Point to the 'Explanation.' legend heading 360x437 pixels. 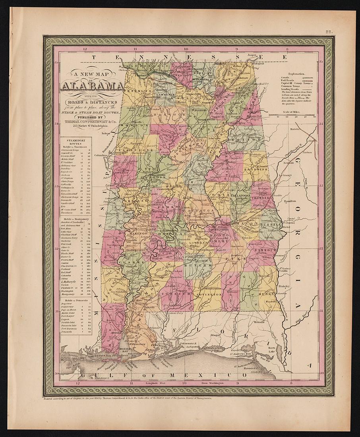[x=300, y=74]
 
